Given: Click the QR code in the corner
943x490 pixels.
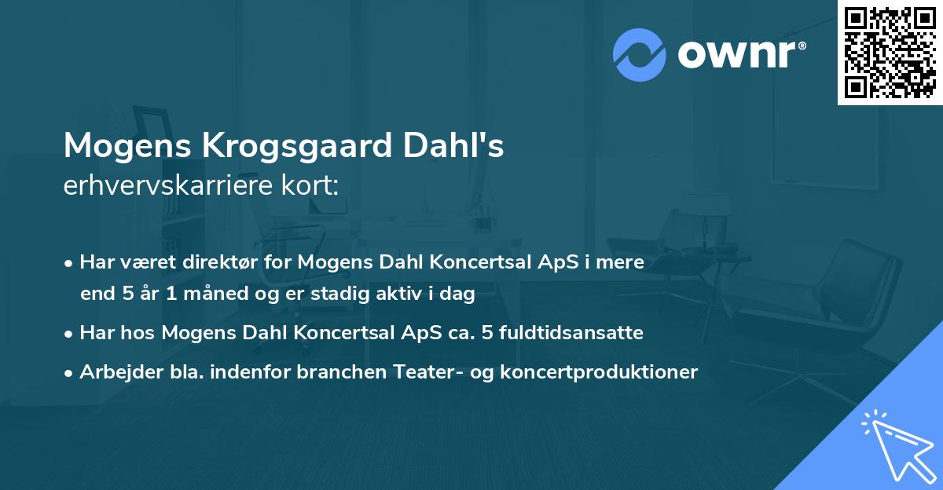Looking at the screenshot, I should [890, 52].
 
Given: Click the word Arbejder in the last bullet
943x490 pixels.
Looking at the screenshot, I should [115, 371].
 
